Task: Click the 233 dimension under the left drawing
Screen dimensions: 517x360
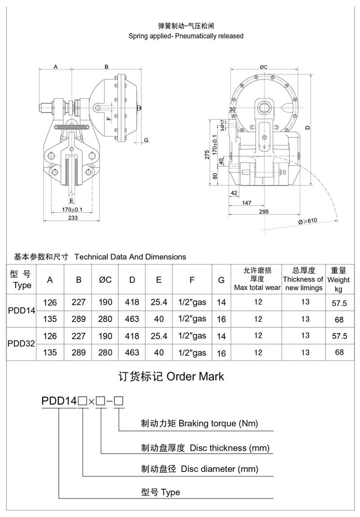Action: point(73,218)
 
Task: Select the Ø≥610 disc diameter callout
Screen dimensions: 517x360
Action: point(307,221)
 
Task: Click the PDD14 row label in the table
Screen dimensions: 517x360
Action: point(22,310)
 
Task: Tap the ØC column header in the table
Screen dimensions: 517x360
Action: point(105,280)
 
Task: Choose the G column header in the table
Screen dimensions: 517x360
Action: point(221,280)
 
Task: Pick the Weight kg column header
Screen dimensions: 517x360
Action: point(338,280)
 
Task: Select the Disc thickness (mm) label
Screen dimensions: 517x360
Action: point(229,448)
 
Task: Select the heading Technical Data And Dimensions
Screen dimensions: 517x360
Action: point(130,257)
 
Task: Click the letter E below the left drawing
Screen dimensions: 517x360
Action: point(72,200)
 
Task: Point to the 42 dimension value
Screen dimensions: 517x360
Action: point(233,192)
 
